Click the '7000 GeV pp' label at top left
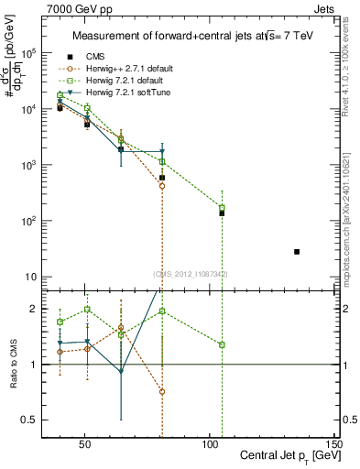point(73,7)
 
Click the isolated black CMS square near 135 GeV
point(297,251)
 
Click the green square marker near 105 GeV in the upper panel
point(222,208)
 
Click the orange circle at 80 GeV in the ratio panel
point(162,391)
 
